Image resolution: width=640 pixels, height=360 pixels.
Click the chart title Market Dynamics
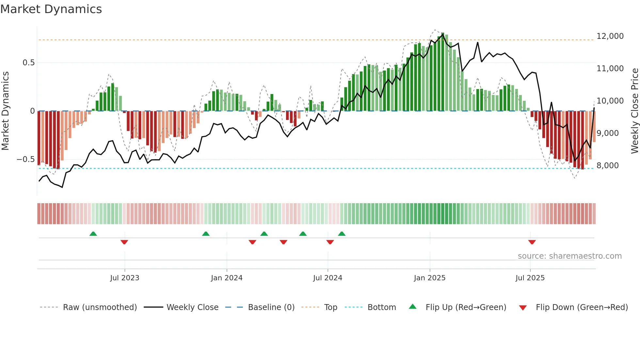pos(51,9)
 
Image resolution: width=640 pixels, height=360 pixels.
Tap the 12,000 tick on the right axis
pos(610,36)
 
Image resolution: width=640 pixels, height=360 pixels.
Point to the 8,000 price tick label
pos(607,166)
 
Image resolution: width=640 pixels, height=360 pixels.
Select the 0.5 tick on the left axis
pos(28,63)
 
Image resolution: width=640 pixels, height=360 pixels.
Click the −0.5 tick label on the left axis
pos(26,159)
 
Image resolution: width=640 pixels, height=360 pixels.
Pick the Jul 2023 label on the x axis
pos(124,278)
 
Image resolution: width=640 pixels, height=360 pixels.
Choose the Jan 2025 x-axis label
pos(429,278)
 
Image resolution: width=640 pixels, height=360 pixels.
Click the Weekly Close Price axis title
pos(634,111)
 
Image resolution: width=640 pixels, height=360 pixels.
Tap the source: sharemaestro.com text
pos(569,256)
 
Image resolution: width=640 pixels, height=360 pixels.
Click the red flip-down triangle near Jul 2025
pos(532,242)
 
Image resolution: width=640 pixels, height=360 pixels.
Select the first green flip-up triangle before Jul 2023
pos(93,234)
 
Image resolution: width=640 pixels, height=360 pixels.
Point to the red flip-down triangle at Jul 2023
pos(124,242)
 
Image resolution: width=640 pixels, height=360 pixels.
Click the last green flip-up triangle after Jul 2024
pos(342,234)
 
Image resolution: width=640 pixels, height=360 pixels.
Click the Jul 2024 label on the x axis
pos(328,278)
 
